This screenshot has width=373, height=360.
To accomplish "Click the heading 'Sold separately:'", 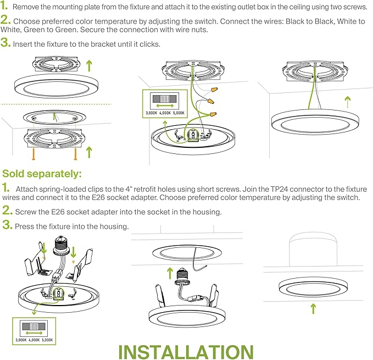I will [42, 174].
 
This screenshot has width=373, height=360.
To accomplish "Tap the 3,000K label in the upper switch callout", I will [151, 113].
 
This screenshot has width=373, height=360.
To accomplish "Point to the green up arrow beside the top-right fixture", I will [347, 102].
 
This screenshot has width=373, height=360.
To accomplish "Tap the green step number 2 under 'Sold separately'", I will [7, 211].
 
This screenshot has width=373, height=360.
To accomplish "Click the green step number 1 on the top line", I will [5, 7].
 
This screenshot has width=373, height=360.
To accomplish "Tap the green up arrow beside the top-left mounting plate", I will [90, 66].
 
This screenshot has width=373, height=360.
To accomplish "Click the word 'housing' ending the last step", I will [116, 226].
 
